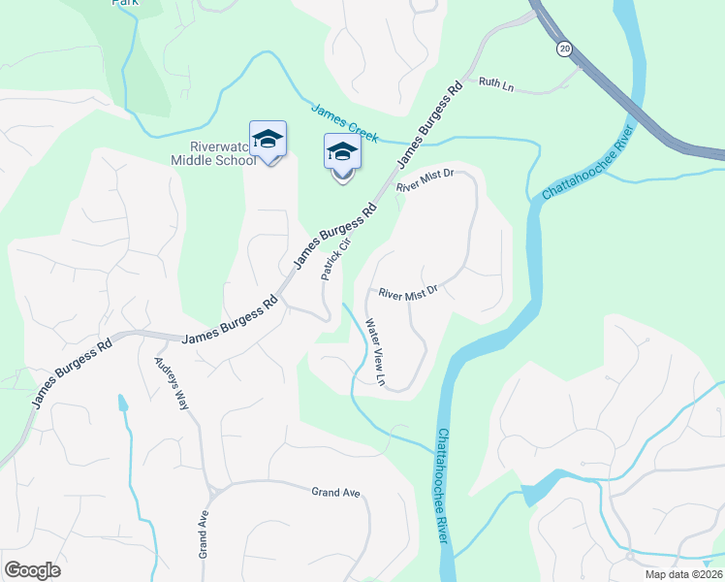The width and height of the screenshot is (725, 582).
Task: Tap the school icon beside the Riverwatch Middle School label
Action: pyautogui.click(x=268, y=140)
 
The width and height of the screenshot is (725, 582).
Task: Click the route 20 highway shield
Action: pyautogui.click(x=564, y=48)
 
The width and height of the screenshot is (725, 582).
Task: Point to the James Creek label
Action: pyautogui.click(x=344, y=123)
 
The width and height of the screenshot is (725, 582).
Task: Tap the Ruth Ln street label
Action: pyautogui.click(x=495, y=85)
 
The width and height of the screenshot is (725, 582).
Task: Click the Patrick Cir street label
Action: pyautogui.click(x=334, y=255)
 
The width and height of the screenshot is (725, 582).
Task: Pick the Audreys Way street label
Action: pyautogui.click(x=172, y=383)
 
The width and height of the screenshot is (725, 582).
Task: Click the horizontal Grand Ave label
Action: pyautogui.click(x=335, y=493)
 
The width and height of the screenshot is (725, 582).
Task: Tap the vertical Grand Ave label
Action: pyautogui.click(x=204, y=533)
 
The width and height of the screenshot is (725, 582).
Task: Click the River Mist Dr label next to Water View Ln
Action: pyautogui.click(x=408, y=291)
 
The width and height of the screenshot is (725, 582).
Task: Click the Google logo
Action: pyautogui.click(x=32, y=569)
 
